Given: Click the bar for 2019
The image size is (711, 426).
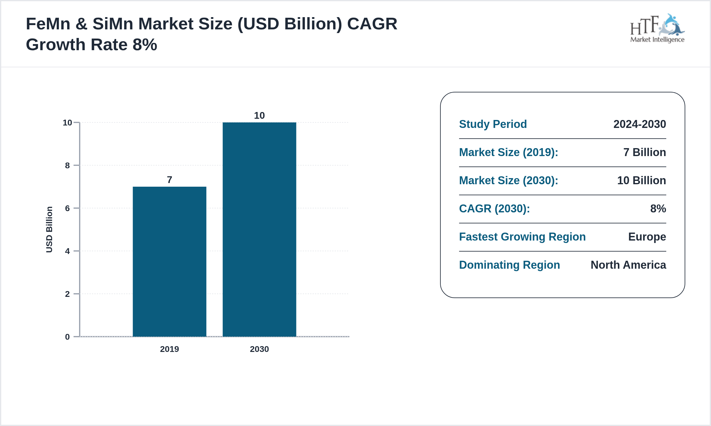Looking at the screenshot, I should tap(169, 262).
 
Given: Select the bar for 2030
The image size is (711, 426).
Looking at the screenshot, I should tap(259, 230).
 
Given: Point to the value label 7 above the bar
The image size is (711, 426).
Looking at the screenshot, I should tap(169, 180).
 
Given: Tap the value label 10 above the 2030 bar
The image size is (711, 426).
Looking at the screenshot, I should tap(259, 115).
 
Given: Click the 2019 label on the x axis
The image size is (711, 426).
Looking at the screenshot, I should tap(169, 349).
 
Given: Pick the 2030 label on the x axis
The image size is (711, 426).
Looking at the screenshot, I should tap(259, 349).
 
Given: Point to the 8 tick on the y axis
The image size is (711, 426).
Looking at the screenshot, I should tap(67, 166).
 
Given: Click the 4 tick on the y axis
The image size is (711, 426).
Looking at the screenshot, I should tap(67, 251).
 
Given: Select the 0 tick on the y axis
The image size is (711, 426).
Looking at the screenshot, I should tap(67, 337).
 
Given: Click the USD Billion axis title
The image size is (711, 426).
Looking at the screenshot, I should tap(49, 230).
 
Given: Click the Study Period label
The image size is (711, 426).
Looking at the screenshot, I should tap(493, 124).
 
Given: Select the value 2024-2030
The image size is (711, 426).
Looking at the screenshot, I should tap(640, 124).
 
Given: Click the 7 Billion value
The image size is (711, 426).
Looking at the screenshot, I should tap(644, 152).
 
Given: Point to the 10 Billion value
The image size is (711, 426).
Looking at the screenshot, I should tap(641, 181).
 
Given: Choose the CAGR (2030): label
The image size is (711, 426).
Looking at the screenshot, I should tap(494, 209).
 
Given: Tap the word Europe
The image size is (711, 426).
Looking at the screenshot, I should tap(647, 237).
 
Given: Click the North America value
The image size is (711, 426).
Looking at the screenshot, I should tap(628, 265).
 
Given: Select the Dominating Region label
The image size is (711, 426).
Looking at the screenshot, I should tap(509, 265).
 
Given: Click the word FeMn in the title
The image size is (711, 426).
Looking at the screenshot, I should tap(48, 24).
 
